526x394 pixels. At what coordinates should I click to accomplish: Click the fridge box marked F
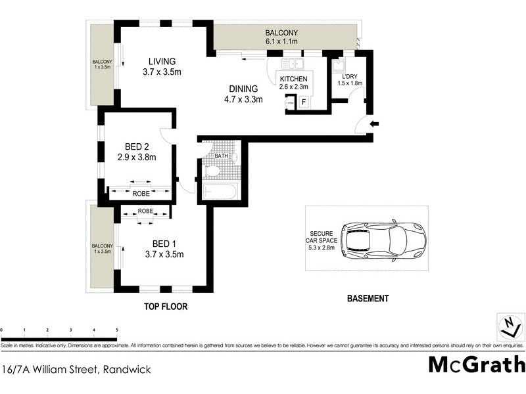pyautogui.click(x=303, y=102)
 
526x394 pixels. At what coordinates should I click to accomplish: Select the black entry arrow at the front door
pyautogui.click(x=374, y=123)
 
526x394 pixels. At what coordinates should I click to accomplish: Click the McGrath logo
pyautogui.click(x=477, y=364)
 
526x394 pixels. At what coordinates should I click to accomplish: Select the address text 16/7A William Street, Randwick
pyautogui.click(x=76, y=370)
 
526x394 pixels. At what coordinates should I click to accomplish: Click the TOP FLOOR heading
pyautogui.click(x=166, y=307)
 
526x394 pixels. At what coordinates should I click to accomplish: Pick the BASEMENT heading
pyautogui.click(x=368, y=298)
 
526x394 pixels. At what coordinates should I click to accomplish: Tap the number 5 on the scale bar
pyautogui.click(x=116, y=330)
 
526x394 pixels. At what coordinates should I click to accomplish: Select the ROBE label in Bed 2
pyautogui.click(x=141, y=194)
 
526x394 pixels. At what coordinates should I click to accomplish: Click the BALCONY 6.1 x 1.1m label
pyautogui.click(x=281, y=37)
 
